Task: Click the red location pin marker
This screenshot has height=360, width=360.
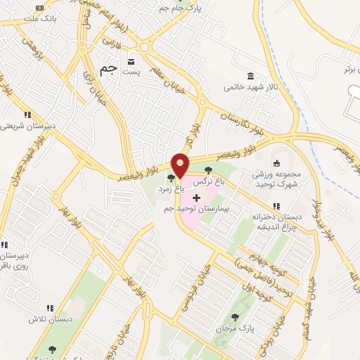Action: [180, 165]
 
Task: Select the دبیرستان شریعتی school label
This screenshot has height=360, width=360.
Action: [25, 127]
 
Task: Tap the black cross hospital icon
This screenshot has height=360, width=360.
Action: [195, 198]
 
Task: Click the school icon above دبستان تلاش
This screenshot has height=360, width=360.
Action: [49, 308]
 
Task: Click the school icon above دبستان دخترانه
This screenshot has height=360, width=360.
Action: [276, 206]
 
